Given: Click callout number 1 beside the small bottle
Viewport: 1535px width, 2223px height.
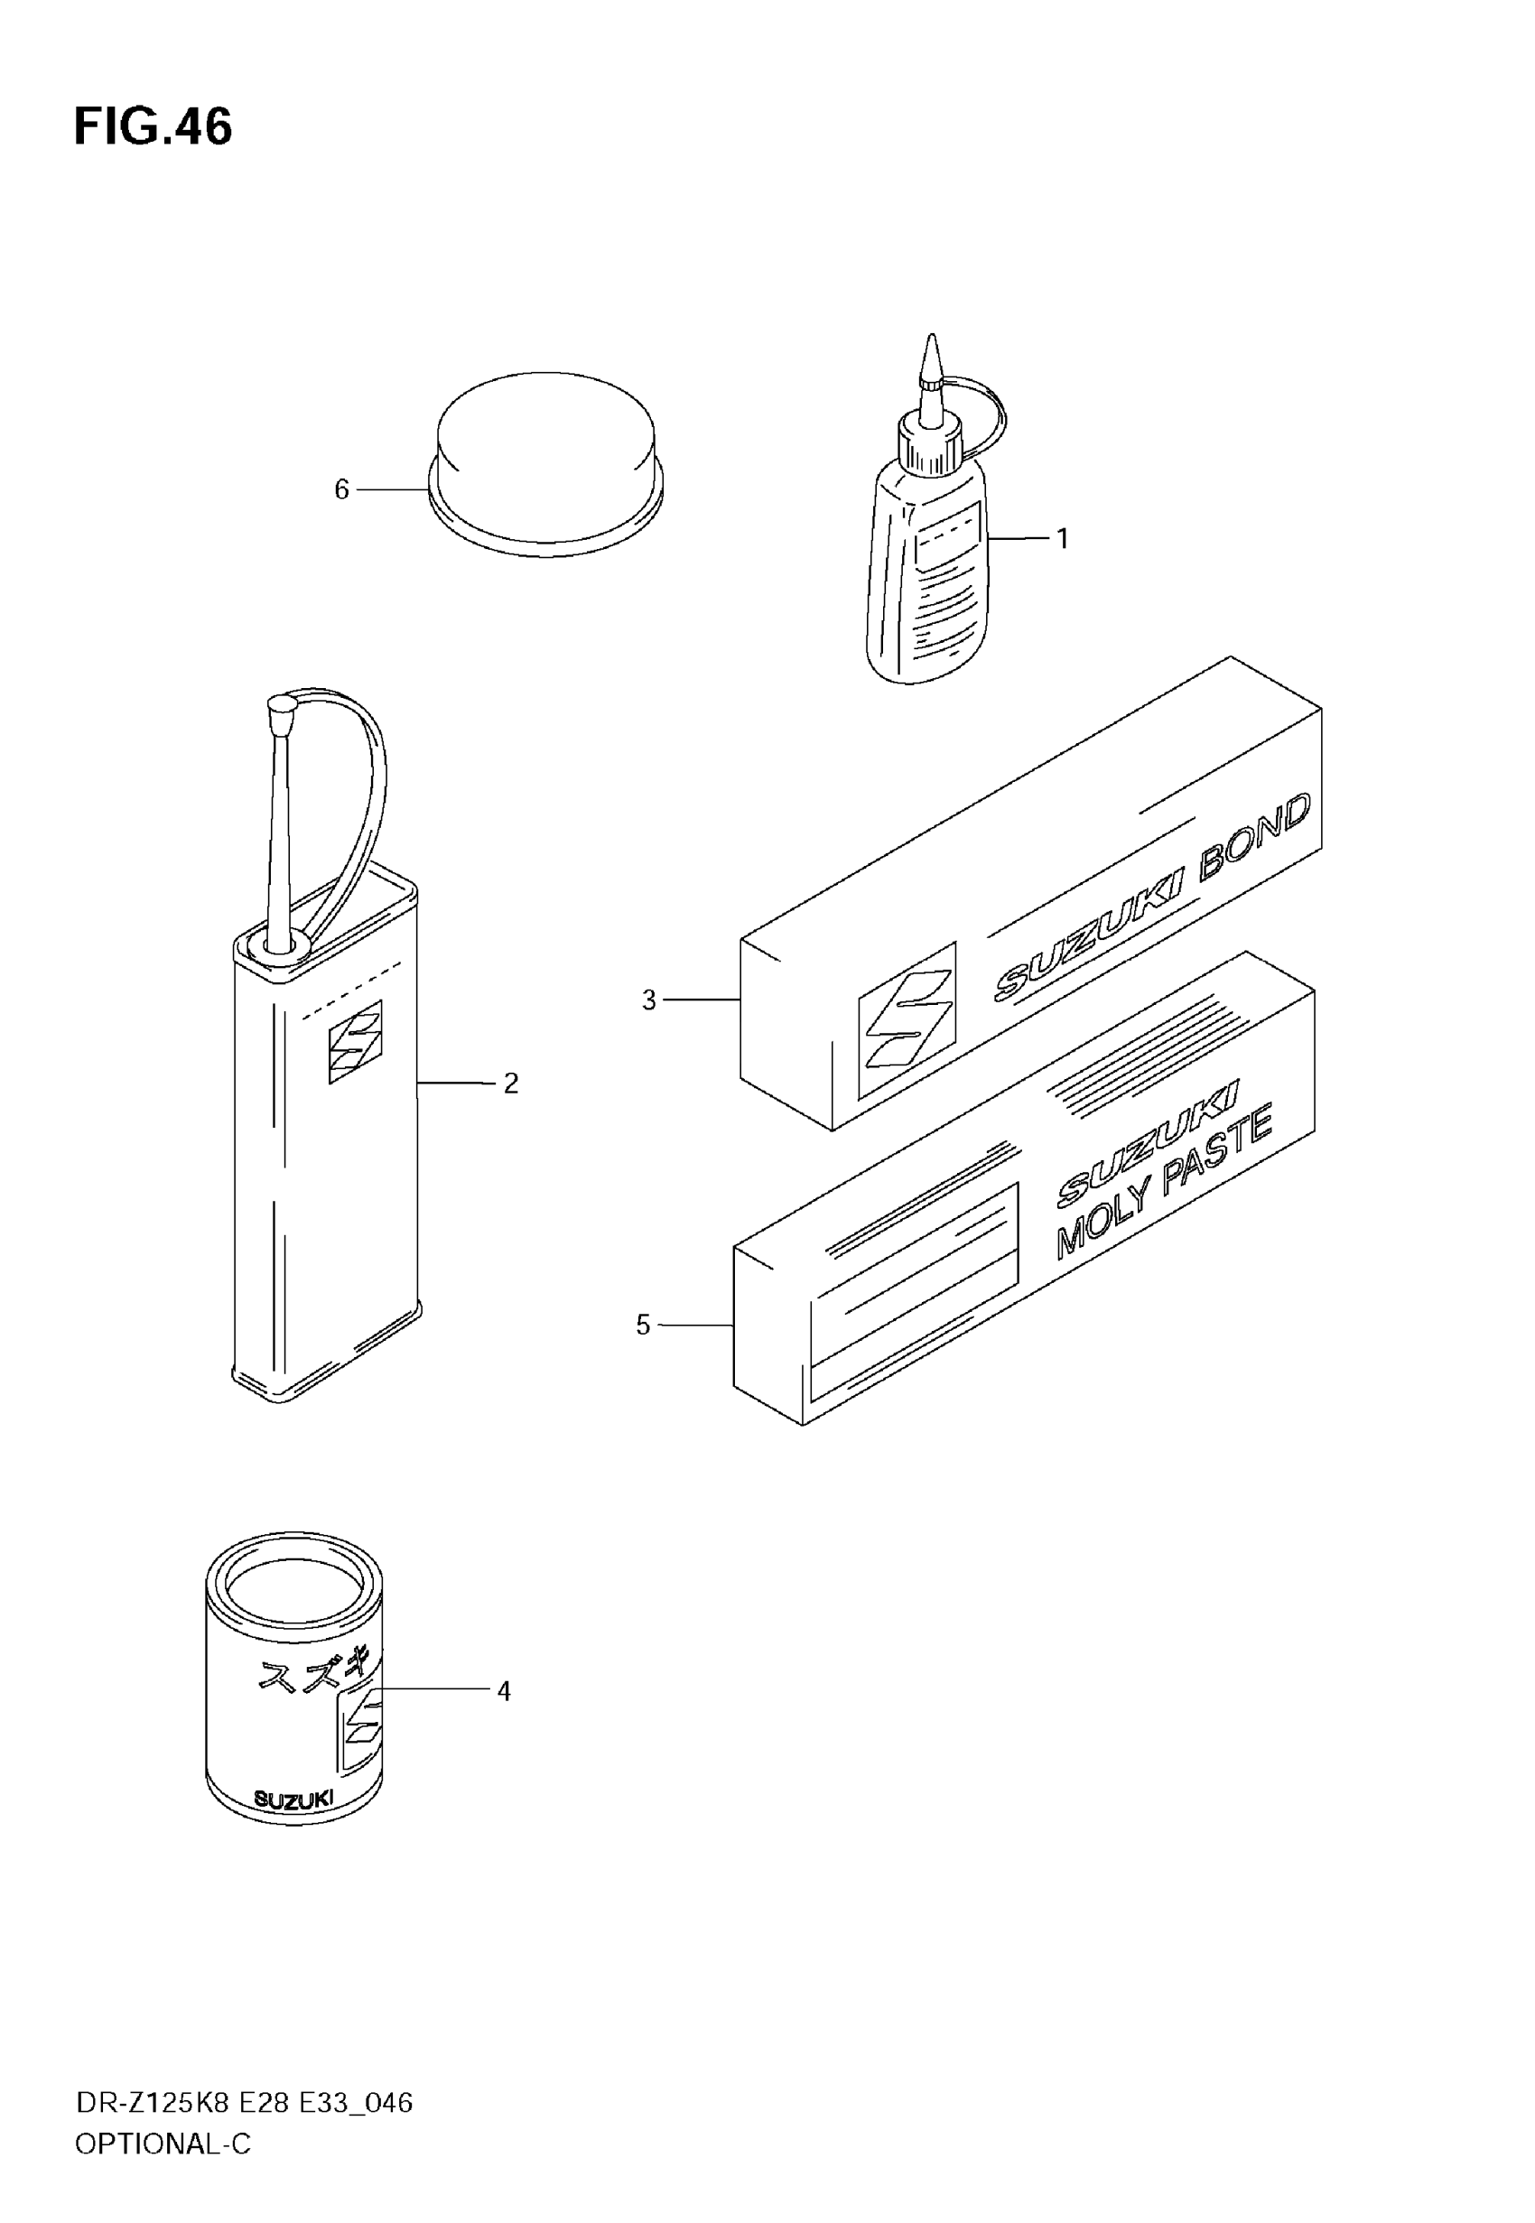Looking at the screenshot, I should click(1062, 539).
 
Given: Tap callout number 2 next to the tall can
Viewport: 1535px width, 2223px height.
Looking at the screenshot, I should click(511, 1084).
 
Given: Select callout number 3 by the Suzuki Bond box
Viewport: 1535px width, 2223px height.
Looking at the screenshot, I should click(649, 1001).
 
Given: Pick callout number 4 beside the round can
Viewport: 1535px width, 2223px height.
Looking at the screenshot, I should click(503, 1690).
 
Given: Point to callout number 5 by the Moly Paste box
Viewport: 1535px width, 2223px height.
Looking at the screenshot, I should click(644, 1325).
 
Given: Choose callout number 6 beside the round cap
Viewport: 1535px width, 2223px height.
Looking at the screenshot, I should click(341, 490).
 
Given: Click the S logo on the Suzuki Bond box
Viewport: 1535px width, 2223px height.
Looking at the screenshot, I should click(907, 1019).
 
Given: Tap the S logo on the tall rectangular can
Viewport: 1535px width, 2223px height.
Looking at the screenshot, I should click(355, 1041).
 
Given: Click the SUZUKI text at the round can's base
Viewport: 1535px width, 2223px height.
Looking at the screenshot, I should click(293, 1799).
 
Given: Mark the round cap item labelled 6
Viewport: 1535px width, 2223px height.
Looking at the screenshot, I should click(545, 461).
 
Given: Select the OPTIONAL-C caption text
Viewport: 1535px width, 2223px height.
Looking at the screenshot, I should click(163, 2144).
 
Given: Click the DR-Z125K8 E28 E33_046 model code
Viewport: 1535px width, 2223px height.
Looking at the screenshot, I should click(245, 2103).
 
